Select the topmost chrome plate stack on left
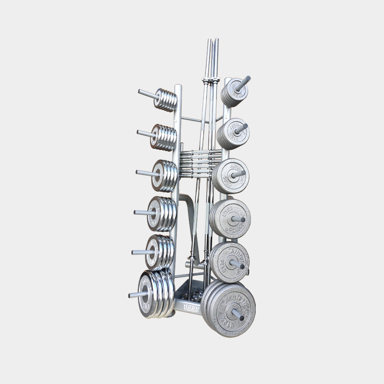[166, 100]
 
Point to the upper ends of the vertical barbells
[212, 42]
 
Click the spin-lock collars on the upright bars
[210, 81]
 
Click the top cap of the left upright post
[178, 86]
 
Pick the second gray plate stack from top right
[233, 133]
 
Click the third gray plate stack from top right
[231, 176]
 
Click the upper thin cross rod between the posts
[196, 120]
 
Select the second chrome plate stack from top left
[164, 137]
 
